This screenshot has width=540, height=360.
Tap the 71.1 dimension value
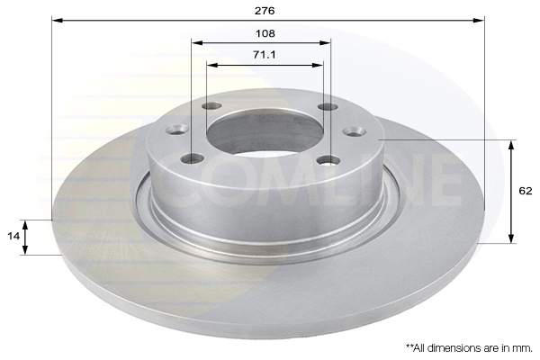(265, 55)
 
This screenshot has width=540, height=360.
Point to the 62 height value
(526, 191)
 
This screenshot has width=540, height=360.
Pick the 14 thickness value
(13, 236)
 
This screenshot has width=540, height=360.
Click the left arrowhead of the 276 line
(55, 19)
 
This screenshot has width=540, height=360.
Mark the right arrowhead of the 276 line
(481, 19)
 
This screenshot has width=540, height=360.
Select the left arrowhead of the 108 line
(195, 41)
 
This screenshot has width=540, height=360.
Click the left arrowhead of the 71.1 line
(211, 64)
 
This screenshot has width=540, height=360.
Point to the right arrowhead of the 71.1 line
(319, 64)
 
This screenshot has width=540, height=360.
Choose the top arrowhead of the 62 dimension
(512, 143)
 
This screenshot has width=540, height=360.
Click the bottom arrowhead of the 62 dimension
(512, 239)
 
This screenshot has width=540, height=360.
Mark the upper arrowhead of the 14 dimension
(26, 222)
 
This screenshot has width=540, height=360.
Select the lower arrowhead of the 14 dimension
(26, 251)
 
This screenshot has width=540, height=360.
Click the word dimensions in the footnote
(458, 346)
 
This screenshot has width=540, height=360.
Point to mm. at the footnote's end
(523, 346)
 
